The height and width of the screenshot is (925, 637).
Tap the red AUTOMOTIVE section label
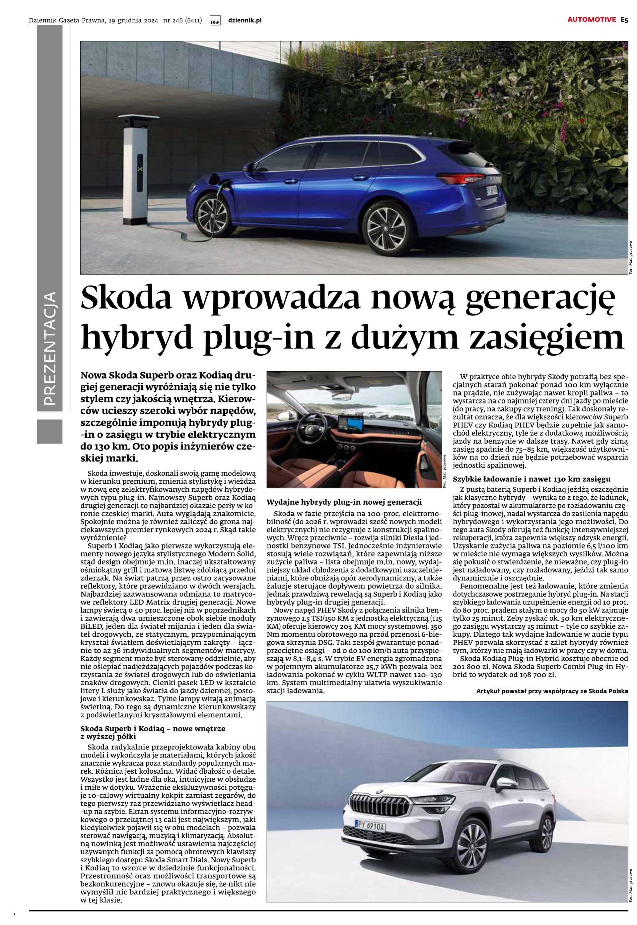[x=592, y=20]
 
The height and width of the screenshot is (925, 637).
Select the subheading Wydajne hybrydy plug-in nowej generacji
[x=344, y=502]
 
